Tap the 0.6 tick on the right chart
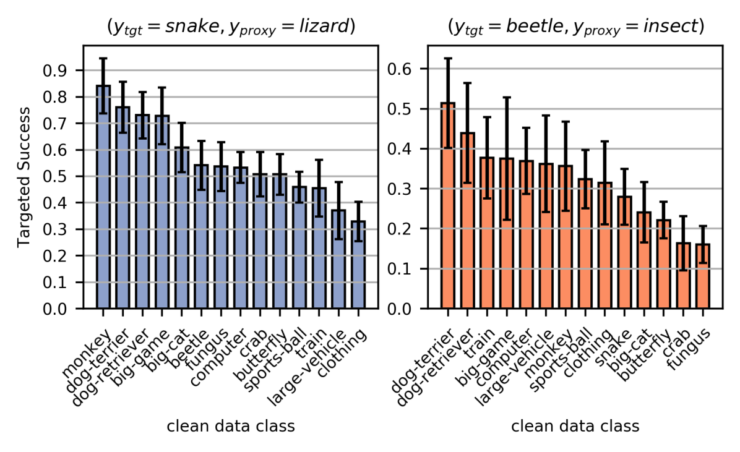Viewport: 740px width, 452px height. (x=408, y=69)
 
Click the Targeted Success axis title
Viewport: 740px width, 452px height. (x=24, y=177)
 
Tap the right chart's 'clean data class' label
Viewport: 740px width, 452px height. (x=575, y=426)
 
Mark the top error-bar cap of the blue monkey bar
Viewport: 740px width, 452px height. (x=103, y=58)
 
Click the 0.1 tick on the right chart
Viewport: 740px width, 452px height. (x=408, y=268)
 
